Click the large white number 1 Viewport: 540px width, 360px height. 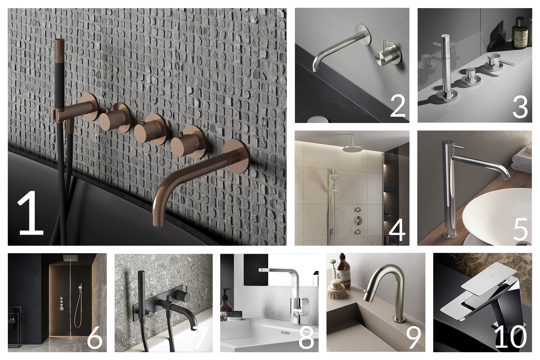[x=31, y=214]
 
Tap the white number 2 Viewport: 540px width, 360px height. [x=398, y=106]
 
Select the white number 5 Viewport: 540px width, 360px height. [x=520, y=229]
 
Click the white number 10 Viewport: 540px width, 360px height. [x=510, y=337]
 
